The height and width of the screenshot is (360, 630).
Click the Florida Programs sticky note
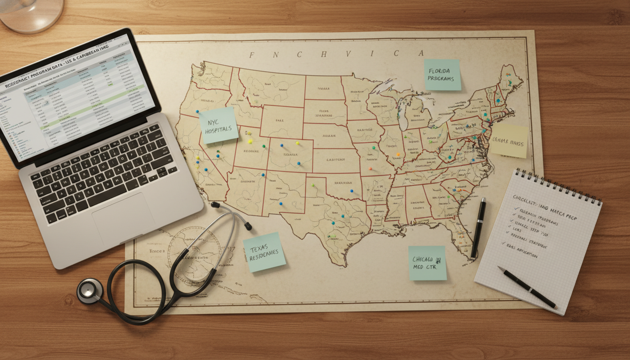(x=442, y=75)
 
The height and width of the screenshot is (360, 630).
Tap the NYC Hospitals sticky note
(x=218, y=125)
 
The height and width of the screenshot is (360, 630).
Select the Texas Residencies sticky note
(x=264, y=252)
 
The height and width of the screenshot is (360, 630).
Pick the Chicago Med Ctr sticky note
(x=427, y=263)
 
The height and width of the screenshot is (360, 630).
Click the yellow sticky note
(x=509, y=140)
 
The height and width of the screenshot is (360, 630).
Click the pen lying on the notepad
(x=527, y=287)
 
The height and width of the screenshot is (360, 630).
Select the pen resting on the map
(x=478, y=228)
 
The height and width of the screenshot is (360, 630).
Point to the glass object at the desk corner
(x=31, y=14)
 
